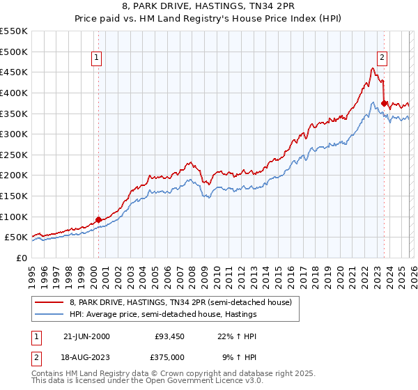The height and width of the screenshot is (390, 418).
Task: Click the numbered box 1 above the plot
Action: coord(97,58)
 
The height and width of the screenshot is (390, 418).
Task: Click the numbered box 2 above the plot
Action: coord(382,58)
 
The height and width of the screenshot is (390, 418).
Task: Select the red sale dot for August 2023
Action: coord(384,104)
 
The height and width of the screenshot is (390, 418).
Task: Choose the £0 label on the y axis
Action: coord(21,258)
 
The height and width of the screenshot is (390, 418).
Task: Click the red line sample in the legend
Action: coord(49,302)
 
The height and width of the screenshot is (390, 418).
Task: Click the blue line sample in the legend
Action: coord(49,314)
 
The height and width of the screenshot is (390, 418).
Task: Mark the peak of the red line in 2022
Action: coord(373,68)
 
